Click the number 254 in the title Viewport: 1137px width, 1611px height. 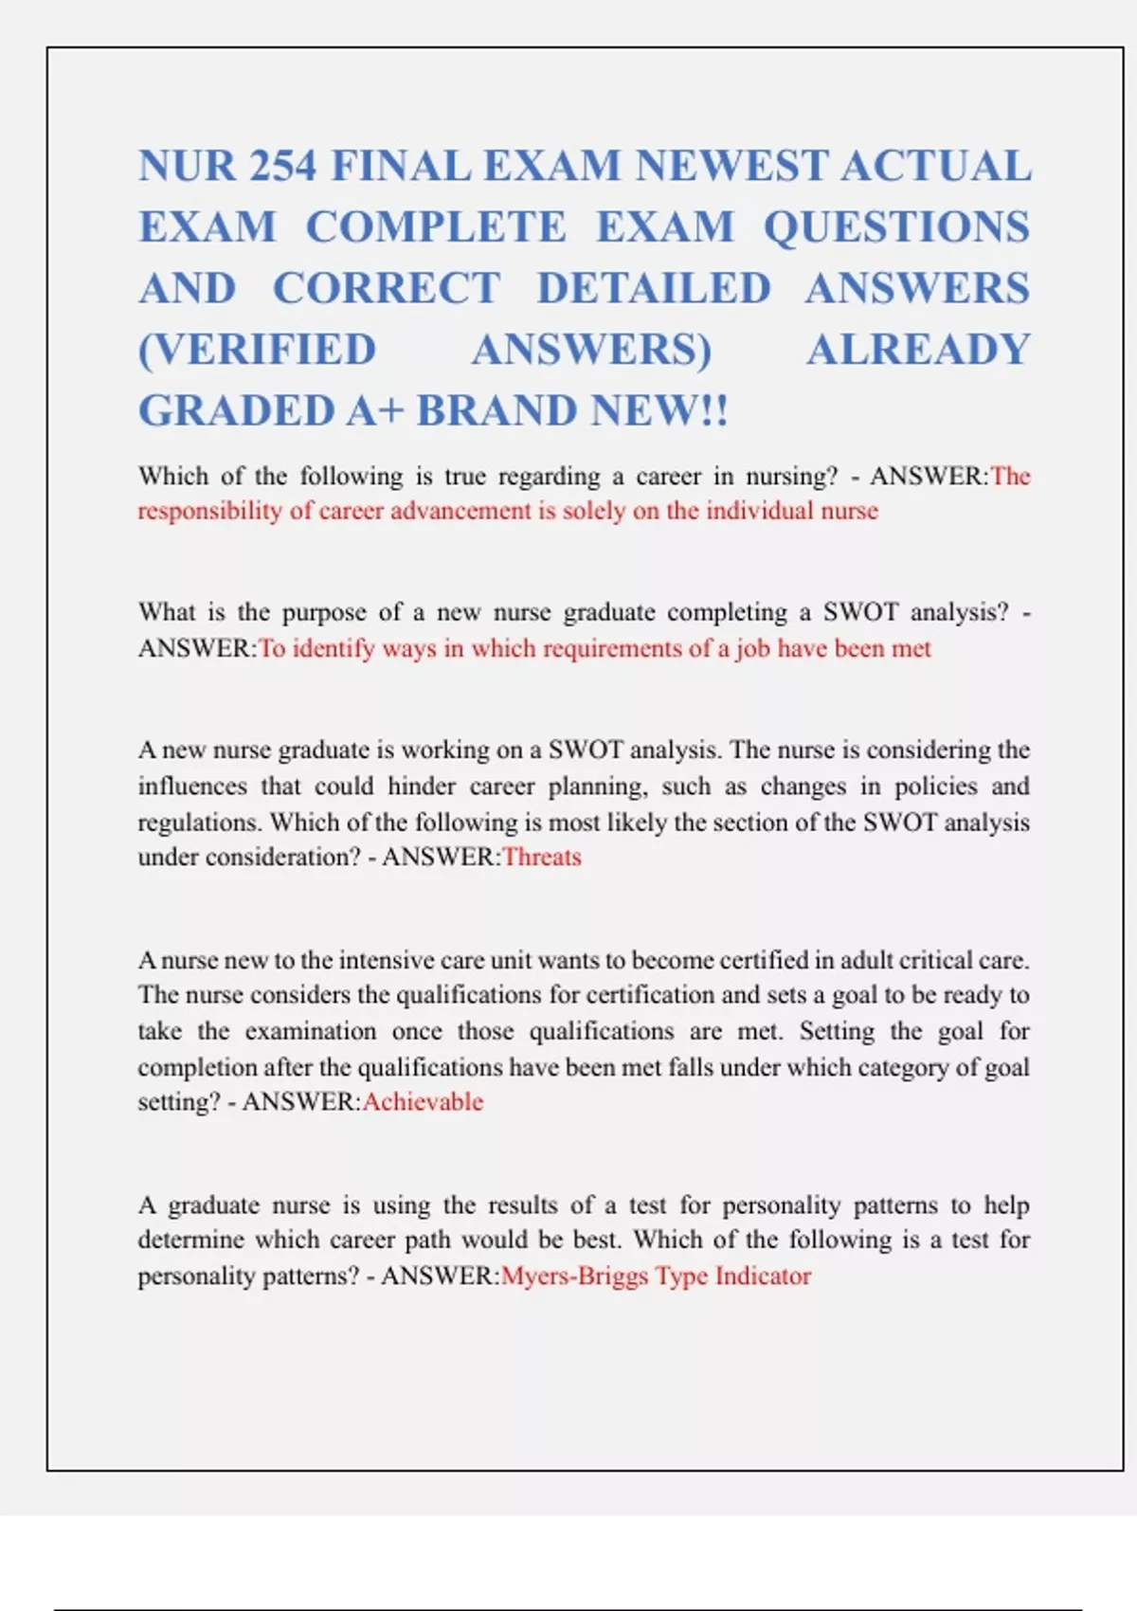pyautogui.click(x=281, y=167)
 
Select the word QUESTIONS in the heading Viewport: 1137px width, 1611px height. pyautogui.click(x=896, y=227)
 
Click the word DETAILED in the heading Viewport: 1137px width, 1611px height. pyautogui.click(x=654, y=289)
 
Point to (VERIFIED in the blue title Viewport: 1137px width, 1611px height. pyautogui.click(x=257, y=350)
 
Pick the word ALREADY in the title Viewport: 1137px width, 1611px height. pyautogui.click(x=917, y=350)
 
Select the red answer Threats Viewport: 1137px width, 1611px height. pyautogui.click(x=542, y=858)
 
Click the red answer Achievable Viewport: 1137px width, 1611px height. pyautogui.click(x=423, y=1102)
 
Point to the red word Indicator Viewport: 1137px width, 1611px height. pyautogui.click(x=763, y=1276)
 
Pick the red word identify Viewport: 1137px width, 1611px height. pyautogui.click(x=334, y=649)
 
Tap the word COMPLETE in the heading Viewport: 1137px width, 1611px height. pyautogui.click(x=435, y=227)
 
